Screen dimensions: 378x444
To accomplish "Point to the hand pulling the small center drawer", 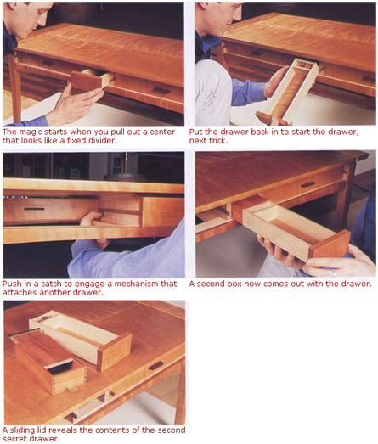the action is [x=76, y=104].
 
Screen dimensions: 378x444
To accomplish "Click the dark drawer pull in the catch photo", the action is [x=34, y=209].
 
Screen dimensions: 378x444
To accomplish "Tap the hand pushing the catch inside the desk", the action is [x=91, y=218].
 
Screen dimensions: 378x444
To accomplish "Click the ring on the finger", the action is [x=335, y=273].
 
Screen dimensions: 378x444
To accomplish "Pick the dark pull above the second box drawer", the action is [x=308, y=184].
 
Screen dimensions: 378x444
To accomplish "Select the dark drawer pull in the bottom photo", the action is [x=155, y=366].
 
